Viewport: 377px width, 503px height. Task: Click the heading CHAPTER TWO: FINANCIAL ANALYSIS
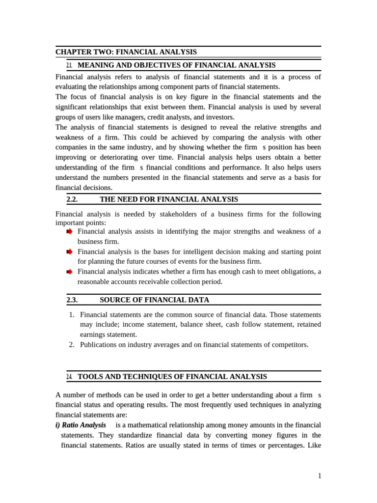126,52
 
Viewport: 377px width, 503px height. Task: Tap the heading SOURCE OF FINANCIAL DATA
154,300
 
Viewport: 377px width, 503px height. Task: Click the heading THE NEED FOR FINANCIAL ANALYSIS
168,199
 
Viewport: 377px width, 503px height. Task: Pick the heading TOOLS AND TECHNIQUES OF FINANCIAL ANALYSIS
172,377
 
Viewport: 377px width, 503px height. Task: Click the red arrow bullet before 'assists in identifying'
69,231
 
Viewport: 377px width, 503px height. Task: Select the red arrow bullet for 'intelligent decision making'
69,251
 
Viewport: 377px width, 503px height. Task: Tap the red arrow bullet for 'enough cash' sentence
69,272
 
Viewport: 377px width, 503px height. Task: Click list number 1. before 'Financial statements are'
72,314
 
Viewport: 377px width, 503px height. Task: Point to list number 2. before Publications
72,345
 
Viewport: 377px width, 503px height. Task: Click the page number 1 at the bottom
320,475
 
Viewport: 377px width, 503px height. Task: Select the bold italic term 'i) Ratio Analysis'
81,425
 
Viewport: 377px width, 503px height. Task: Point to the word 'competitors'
289,345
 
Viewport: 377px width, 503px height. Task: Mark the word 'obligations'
297,272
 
